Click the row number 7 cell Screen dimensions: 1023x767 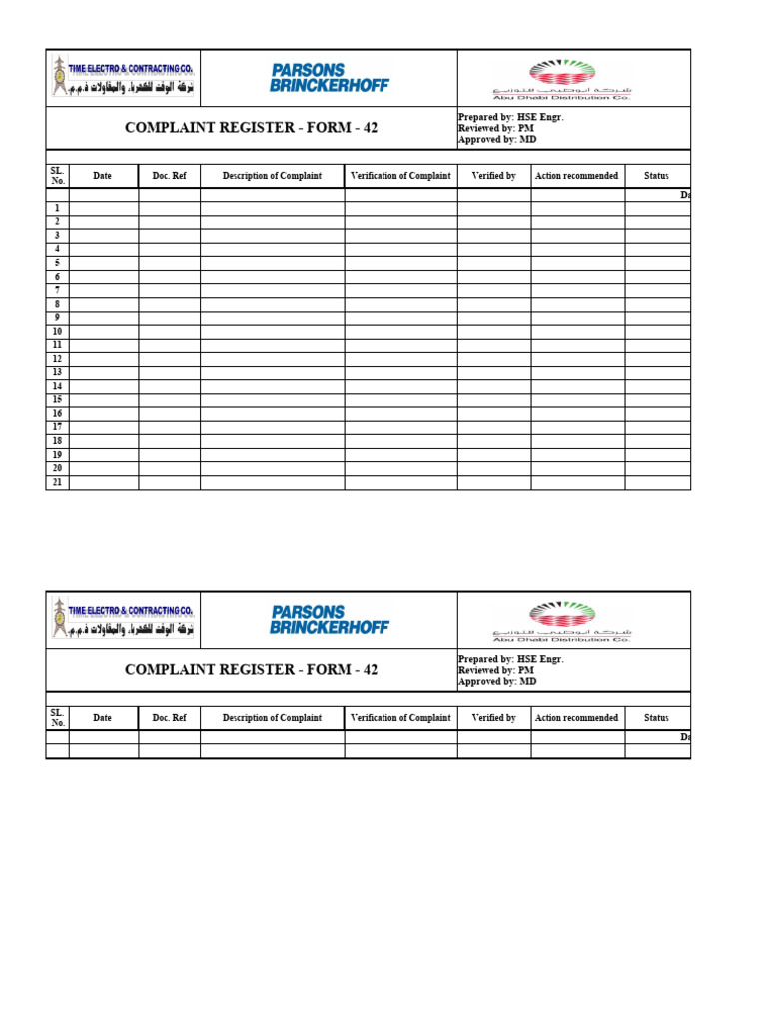coord(57,290)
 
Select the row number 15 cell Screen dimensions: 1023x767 coord(57,400)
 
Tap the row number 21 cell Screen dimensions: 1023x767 coord(57,482)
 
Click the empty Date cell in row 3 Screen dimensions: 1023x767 coord(103,236)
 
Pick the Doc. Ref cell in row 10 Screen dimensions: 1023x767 coord(169,331)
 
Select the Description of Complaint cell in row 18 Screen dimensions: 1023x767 coord(272,441)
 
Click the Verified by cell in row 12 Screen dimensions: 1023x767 coord(493,359)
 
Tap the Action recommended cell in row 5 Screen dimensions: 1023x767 coord(577,263)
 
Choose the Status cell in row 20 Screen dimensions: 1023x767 coord(657,468)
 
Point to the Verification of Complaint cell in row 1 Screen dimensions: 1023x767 coord(400,208)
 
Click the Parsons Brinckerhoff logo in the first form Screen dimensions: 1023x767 coord(329,78)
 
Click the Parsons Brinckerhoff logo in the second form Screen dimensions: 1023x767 coord(329,620)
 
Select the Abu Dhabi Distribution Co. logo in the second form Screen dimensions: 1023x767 coord(561,620)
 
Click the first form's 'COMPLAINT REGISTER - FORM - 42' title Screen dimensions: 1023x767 coord(251,128)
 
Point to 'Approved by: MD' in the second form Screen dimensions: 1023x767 coord(497,681)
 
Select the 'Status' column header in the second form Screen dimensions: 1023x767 coord(656,717)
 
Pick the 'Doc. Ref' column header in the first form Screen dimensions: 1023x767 coord(169,176)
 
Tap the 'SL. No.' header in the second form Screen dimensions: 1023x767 coord(57,717)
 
